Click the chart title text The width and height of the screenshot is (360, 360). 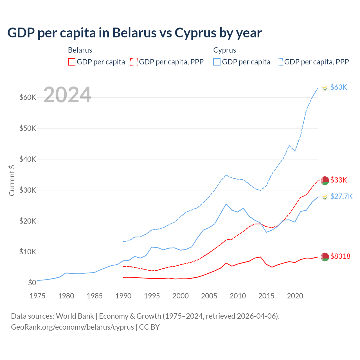coord(134,33)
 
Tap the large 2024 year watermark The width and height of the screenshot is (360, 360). coord(67,95)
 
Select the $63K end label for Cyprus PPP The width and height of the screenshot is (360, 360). coord(339,87)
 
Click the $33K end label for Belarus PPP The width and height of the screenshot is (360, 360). coord(339,180)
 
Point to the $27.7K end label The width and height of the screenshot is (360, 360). coord(341,196)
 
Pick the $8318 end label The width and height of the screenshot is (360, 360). coord(340,256)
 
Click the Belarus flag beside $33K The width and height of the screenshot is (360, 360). coord(325,181)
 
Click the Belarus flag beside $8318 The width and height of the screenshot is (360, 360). coord(325,257)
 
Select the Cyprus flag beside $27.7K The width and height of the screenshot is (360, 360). coord(325,197)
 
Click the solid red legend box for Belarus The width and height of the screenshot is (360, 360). coord(72,62)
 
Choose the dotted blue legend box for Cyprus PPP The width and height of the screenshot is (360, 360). coord(279,62)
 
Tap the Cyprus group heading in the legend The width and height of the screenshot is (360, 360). coord(224,50)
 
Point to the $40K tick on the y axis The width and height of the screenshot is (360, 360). coord(28,159)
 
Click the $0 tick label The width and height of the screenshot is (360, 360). coord(32,283)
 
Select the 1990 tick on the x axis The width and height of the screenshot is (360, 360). coord(123,296)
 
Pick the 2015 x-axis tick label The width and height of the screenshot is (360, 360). coord(266,296)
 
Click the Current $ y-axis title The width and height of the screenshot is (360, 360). coord(12,181)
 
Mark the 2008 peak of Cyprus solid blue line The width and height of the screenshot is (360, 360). coord(226,204)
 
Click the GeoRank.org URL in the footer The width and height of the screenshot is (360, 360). coord(73,327)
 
